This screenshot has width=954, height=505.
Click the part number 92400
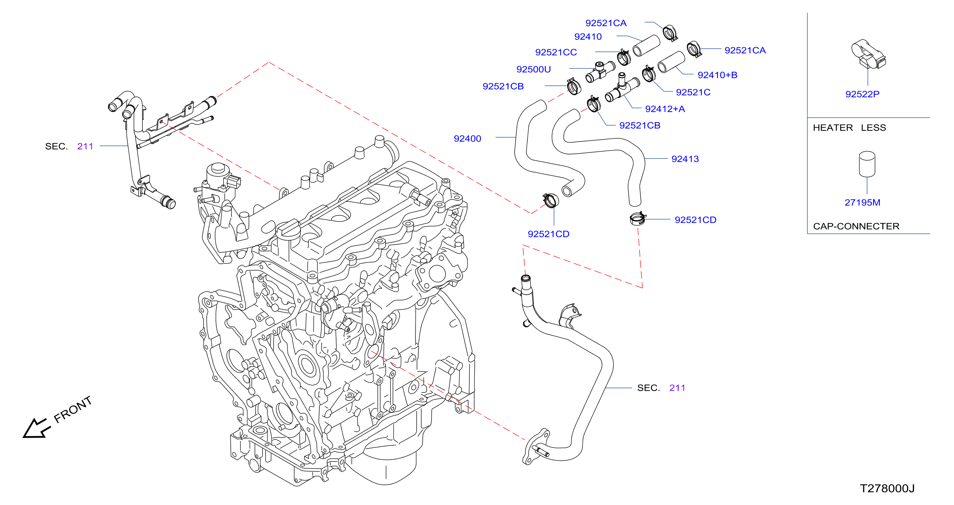pyautogui.click(x=467, y=139)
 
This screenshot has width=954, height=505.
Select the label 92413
pyautogui.click(x=685, y=159)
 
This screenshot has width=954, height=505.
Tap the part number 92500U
pyautogui.click(x=534, y=69)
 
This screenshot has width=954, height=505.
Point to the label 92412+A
pyautogui.click(x=665, y=109)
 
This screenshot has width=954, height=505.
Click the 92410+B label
pyautogui.click(x=718, y=75)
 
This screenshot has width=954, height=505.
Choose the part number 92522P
pyautogui.click(x=863, y=94)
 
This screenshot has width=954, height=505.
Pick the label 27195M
pyautogui.click(x=863, y=202)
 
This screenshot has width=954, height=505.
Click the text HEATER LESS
pyautogui.click(x=850, y=128)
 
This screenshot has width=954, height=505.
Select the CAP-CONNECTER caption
pyautogui.click(x=856, y=226)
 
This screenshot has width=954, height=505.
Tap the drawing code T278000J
pyautogui.click(x=887, y=488)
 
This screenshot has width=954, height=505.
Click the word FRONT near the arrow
pyautogui.click(x=73, y=409)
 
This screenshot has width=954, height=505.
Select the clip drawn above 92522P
pyautogui.click(x=868, y=54)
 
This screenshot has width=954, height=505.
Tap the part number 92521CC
pyautogui.click(x=556, y=53)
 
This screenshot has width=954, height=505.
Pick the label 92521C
pyautogui.click(x=693, y=92)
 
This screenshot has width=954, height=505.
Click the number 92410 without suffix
pyautogui.click(x=588, y=37)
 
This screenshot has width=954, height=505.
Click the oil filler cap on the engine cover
pyautogui.click(x=288, y=227)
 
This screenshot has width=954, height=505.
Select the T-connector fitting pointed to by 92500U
pyautogui.click(x=600, y=71)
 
